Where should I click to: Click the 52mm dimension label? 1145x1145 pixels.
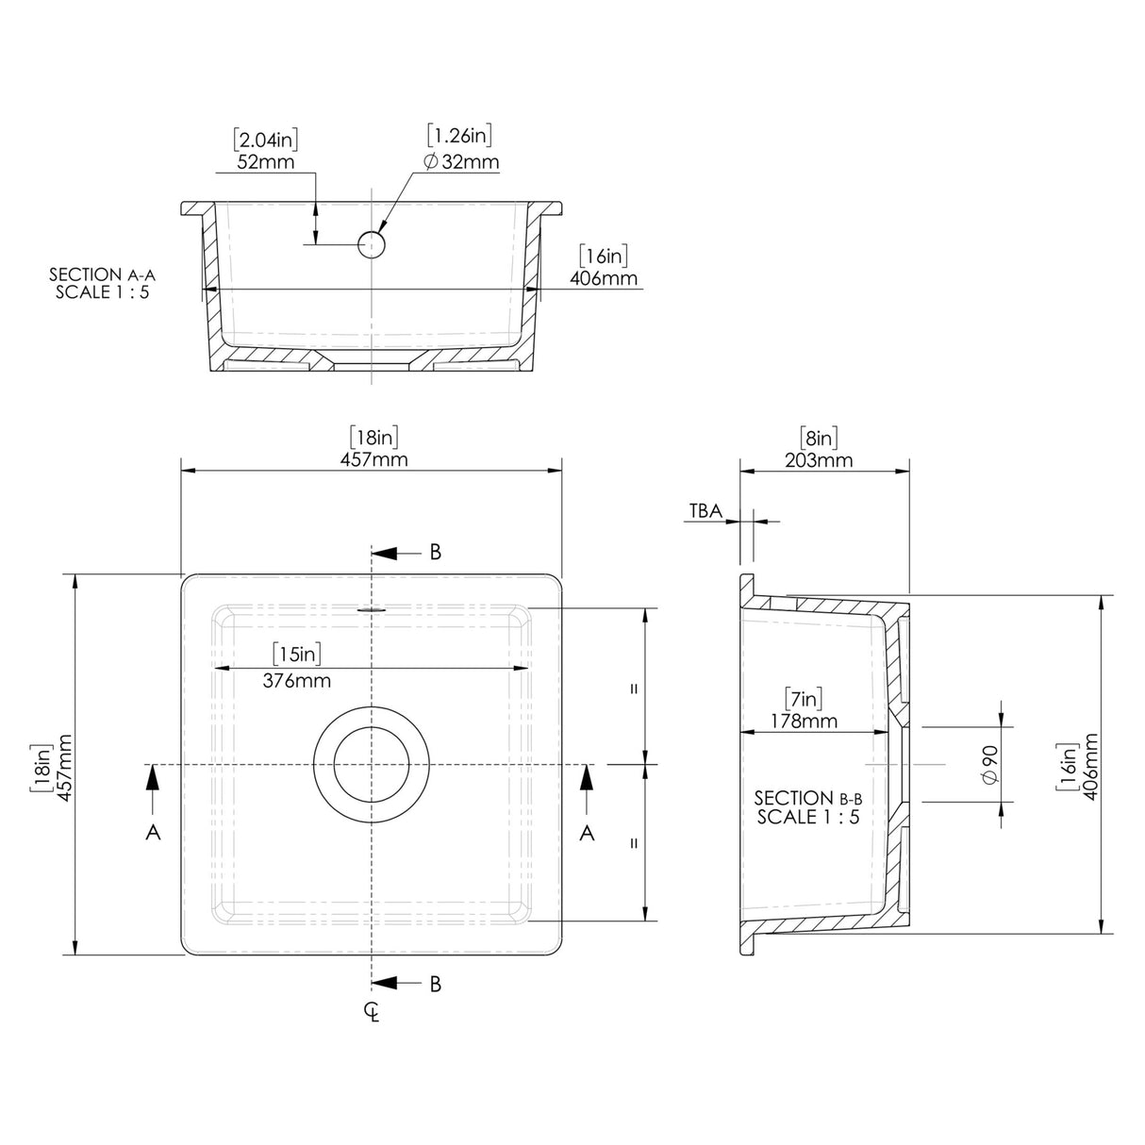(265, 162)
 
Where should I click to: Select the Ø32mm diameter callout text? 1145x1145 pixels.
(461, 162)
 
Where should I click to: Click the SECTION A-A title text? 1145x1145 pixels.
(102, 274)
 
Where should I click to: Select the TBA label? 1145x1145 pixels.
(705, 511)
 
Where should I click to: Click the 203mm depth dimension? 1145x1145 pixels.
(818, 460)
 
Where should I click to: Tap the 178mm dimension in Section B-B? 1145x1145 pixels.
(803, 722)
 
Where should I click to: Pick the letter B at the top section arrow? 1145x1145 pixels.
(435, 553)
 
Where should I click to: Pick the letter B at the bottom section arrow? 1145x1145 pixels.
(435, 984)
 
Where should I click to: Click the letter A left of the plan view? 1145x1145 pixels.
(153, 833)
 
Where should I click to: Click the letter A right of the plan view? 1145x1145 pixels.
(587, 833)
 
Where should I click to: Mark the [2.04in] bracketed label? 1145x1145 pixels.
(265, 141)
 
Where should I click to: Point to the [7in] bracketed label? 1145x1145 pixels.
(803, 699)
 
